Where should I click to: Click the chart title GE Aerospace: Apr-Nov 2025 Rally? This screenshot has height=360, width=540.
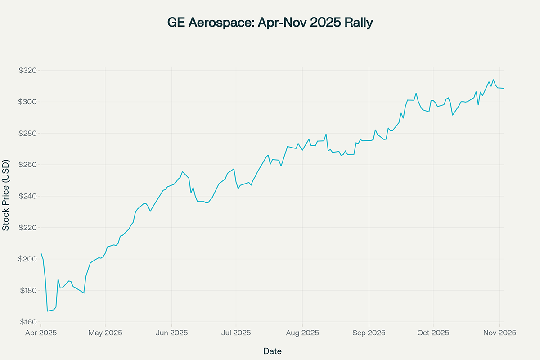click(x=270, y=23)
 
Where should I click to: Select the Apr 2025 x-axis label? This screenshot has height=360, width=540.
click(x=40, y=333)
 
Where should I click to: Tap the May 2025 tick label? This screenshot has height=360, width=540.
click(x=105, y=333)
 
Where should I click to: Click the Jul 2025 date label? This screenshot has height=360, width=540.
click(x=236, y=333)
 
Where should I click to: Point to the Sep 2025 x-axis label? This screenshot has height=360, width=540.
click(x=369, y=333)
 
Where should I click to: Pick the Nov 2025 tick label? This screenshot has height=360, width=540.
click(x=499, y=333)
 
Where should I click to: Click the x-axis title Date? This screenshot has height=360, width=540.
click(x=272, y=351)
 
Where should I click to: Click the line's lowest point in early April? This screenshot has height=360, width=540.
click(x=47, y=311)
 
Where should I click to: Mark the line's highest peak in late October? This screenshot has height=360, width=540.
click(x=493, y=80)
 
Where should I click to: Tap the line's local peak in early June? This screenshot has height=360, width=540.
click(x=182, y=171)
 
